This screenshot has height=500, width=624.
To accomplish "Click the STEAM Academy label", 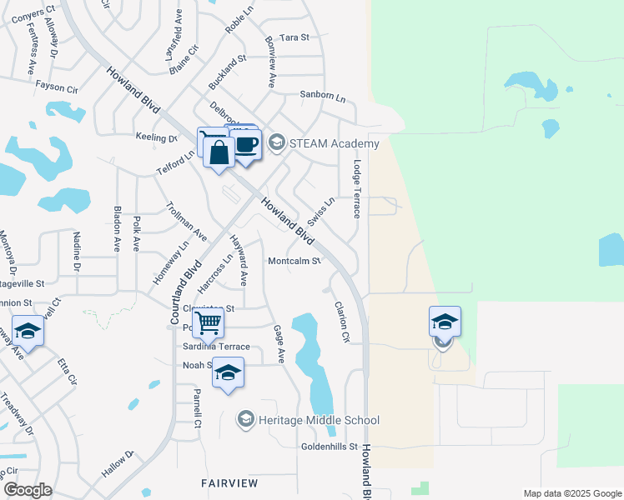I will point(334,143).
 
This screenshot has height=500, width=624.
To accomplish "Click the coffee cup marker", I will point(245,145).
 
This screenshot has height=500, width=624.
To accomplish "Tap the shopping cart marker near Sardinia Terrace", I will point(208,322).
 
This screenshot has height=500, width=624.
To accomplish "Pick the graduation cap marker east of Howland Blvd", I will point(445,322).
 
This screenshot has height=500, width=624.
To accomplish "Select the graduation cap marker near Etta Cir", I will point(28,331).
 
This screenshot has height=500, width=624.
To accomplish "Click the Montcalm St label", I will point(294,261).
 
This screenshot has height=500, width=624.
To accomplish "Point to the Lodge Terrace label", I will point(357,189).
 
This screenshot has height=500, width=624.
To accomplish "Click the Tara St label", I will point(294,37).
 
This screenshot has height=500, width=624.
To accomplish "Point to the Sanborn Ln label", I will point(323,95).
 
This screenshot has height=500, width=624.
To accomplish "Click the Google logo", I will point(28,490).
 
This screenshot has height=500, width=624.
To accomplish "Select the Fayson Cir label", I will point(56,85).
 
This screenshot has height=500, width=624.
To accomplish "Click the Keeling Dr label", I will point(153,136).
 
